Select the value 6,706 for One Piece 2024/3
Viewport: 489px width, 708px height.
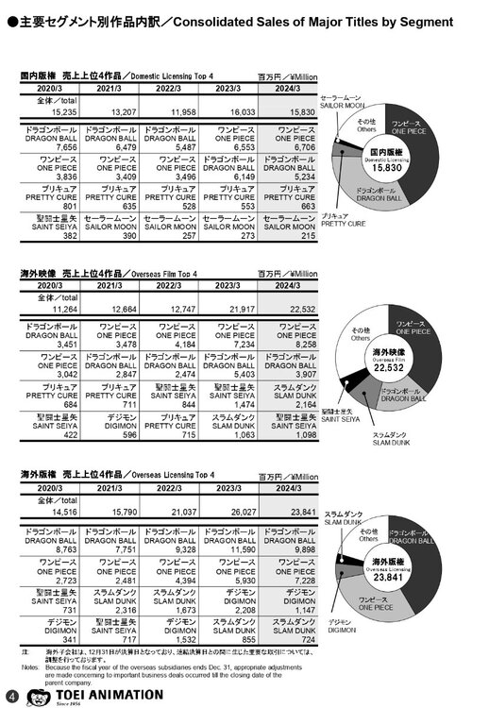(x=296, y=147)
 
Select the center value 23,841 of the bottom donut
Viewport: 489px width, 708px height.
(x=391, y=567)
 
